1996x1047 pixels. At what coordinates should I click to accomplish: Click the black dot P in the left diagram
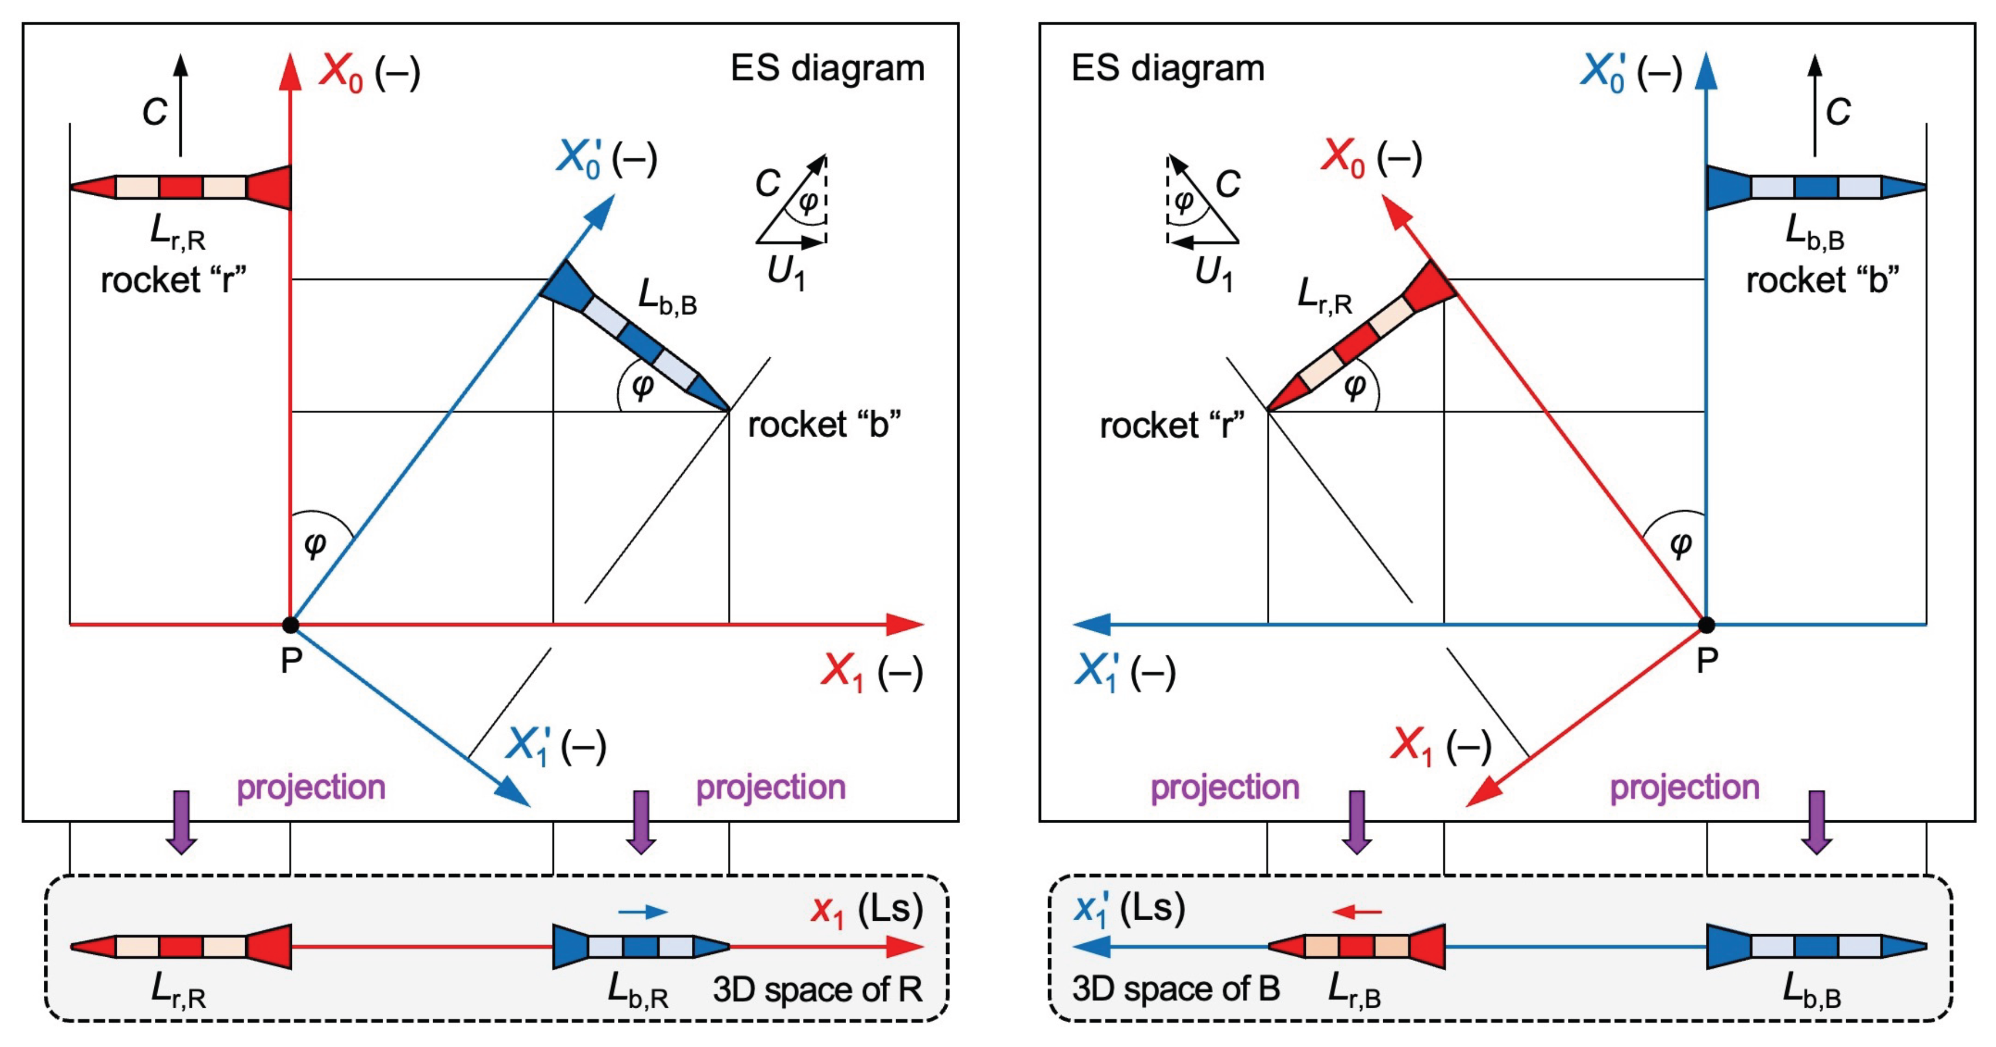[x=291, y=624]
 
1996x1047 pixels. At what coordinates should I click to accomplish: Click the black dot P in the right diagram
[x=1706, y=624]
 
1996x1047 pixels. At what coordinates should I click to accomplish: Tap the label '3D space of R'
[x=818, y=990]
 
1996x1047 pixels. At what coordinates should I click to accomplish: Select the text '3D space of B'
[x=1176, y=988]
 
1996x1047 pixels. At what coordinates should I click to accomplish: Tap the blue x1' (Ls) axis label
[x=1129, y=909]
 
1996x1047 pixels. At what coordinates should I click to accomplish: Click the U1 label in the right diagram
[x=1213, y=273]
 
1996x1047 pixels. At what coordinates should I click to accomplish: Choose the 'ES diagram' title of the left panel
[x=828, y=68]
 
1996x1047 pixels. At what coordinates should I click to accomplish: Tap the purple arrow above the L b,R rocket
[x=641, y=822]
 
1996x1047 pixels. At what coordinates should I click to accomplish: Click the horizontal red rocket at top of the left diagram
[x=181, y=187]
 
